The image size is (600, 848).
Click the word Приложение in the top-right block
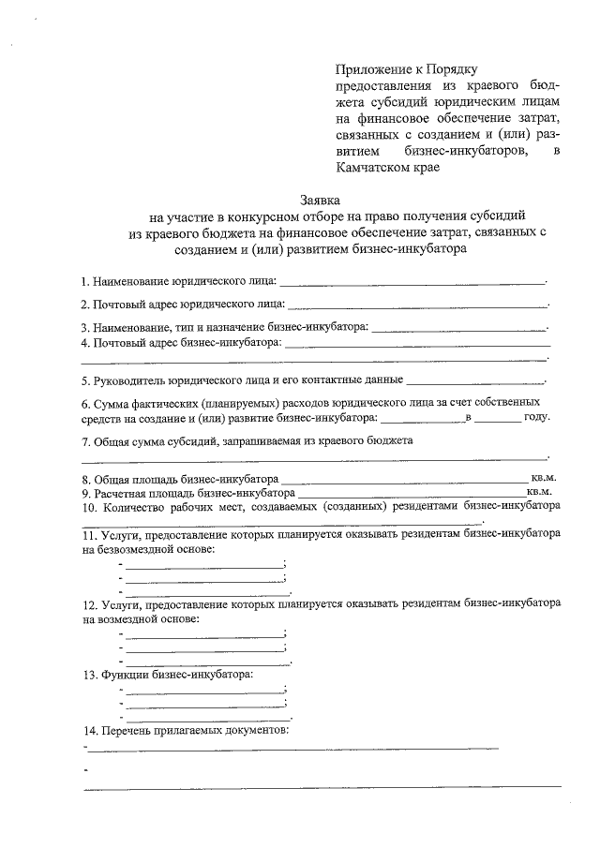click(x=373, y=68)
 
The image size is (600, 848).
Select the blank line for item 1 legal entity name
click(x=412, y=280)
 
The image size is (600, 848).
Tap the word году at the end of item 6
click(x=536, y=418)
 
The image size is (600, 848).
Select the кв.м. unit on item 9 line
click(x=541, y=491)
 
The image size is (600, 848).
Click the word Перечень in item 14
click(x=127, y=729)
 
